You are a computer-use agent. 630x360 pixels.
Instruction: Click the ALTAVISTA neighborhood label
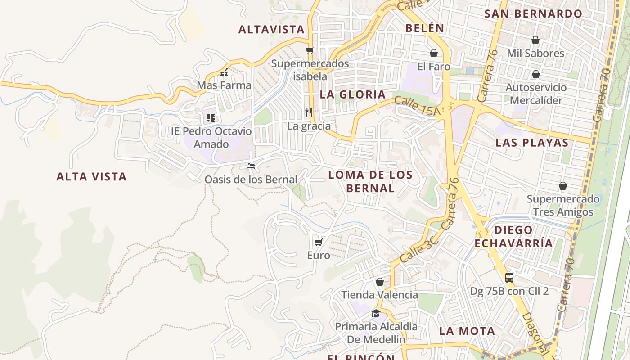coord(271,30)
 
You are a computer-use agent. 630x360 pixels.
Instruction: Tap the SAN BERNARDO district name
coord(533,13)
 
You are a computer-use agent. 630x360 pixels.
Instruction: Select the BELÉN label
coord(425,28)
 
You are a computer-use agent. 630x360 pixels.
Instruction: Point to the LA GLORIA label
coord(353,94)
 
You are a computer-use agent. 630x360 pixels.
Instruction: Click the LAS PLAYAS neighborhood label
coord(532,143)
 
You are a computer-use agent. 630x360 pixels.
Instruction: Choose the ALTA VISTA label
coord(91,177)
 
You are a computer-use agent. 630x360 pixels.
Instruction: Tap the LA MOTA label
coord(467,331)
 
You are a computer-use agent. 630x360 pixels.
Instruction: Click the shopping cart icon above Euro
coord(318,243)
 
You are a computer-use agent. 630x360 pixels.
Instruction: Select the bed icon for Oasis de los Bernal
coord(251,166)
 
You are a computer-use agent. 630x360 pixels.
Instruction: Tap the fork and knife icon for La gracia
coord(308,112)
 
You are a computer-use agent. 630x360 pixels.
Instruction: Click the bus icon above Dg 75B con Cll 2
coord(509,278)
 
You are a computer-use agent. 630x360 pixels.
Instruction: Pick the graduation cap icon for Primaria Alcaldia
coord(376,313)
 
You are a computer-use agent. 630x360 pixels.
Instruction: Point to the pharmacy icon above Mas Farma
coord(224,72)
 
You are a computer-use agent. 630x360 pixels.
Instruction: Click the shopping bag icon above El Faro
coord(433,53)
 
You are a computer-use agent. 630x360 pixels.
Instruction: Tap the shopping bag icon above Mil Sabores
coord(535,40)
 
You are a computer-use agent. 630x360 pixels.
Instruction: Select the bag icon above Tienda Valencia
coord(379,282)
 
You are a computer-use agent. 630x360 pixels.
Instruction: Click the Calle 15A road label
coord(416,106)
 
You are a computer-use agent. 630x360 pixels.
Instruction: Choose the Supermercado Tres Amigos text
coord(563,205)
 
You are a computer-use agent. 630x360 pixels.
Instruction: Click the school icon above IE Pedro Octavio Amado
coord(211,118)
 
